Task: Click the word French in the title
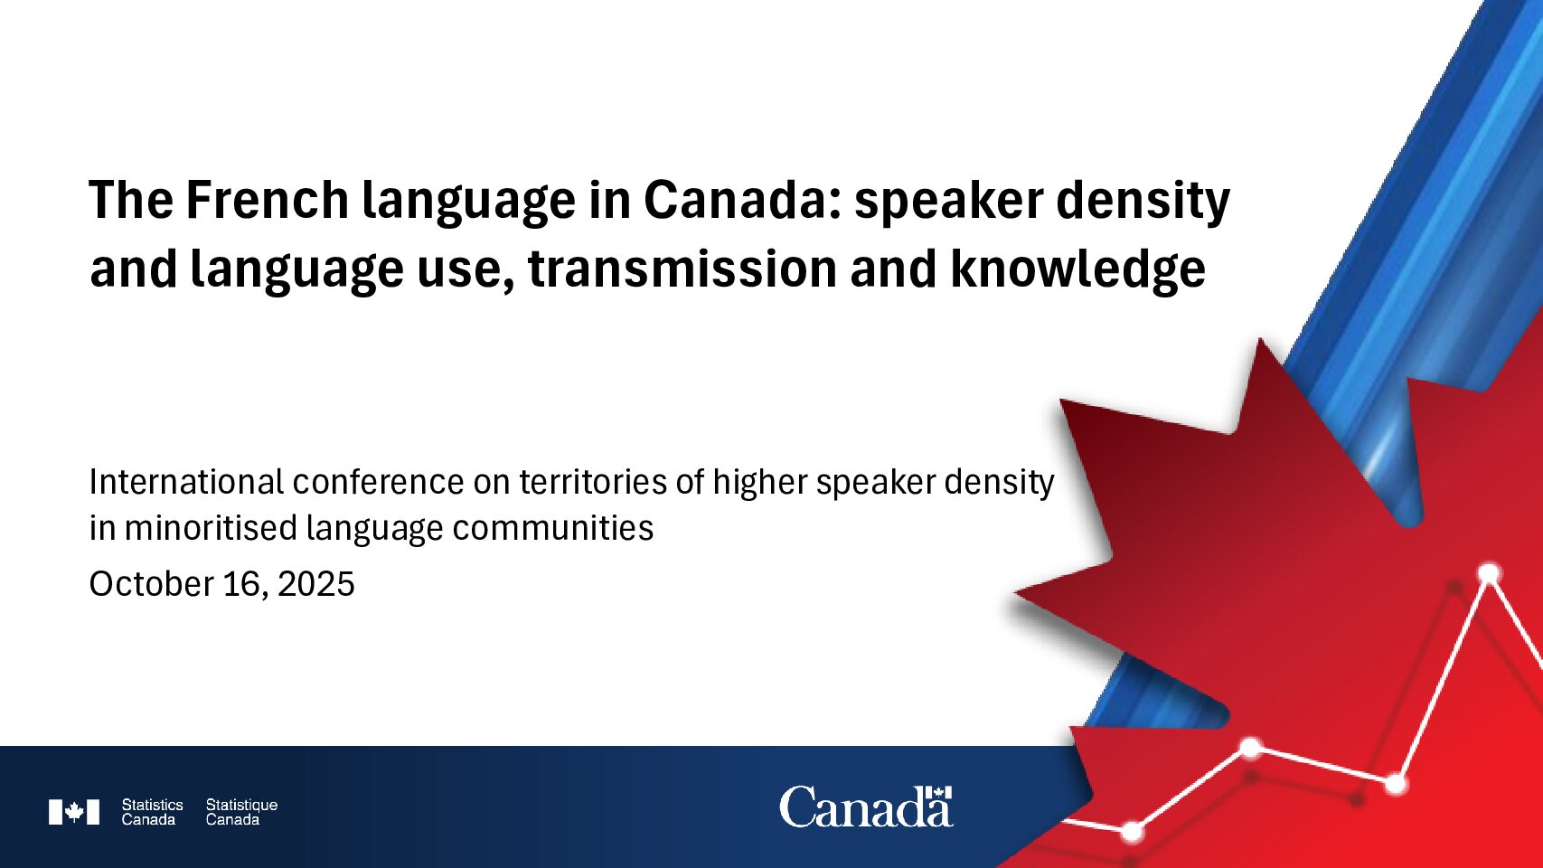[x=268, y=200]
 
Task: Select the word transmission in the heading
[x=682, y=269]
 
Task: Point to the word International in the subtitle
[x=186, y=482]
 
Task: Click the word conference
[x=378, y=482]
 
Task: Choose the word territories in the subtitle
[x=592, y=482]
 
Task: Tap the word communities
[x=552, y=528]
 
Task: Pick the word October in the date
[x=152, y=584]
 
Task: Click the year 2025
[x=316, y=584]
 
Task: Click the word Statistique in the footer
[x=241, y=805]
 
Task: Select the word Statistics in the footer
[x=152, y=805]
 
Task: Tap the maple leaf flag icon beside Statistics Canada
[x=74, y=812]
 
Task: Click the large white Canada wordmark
[x=866, y=808]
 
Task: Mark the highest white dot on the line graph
[x=1489, y=573]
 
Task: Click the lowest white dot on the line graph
[x=1132, y=832]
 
